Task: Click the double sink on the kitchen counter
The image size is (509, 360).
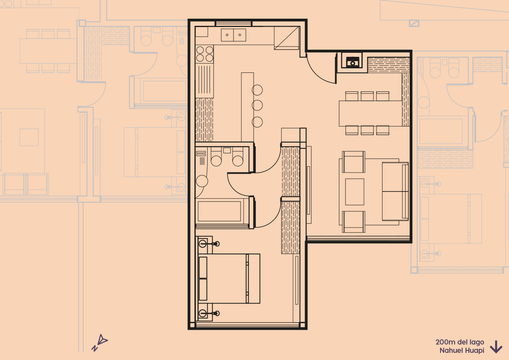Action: [233, 35]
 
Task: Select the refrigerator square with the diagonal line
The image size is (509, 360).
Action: [286, 38]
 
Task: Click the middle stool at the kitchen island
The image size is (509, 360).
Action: [257, 105]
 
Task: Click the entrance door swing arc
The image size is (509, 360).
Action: [320, 70]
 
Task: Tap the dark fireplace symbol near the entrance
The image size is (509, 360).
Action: [352, 62]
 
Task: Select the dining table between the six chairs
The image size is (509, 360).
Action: [370, 113]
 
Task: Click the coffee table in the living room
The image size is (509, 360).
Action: [354, 192]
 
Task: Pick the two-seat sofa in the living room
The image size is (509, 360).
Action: [395, 191]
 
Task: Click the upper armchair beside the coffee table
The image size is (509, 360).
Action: [353, 162]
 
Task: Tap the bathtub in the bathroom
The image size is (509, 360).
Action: [219, 211]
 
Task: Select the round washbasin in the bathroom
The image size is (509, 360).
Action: [202, 181]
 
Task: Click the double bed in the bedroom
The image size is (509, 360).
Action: [229, 279]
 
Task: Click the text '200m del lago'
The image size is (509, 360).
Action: [460, 342]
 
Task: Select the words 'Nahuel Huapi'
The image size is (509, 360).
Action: [462, 350]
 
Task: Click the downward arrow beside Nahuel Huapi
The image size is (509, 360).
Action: [496, 347]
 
